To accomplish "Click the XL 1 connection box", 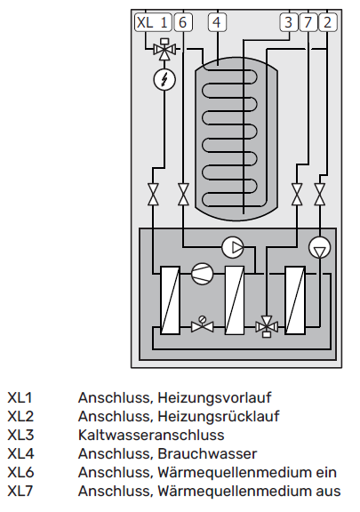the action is coord(153,22).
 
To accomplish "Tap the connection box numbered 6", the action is coord(183,22).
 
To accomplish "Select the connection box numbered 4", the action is coord(217,22).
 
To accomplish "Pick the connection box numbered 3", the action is coord(289,22).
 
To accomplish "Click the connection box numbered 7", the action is coord(308,22).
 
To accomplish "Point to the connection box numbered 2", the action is coord(328,22).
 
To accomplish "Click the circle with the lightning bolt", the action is coord(164,80).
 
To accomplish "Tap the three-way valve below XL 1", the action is coord(165,49).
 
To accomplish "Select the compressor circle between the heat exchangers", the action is coord(202,274).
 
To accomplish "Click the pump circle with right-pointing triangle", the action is coord(233,247).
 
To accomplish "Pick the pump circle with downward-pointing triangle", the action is coord(319,247).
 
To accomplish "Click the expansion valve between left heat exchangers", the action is coord(202,324).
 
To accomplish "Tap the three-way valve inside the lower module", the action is coord(267,326).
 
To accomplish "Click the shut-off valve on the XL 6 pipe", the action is coord(184,195).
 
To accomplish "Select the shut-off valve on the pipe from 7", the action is coord(297,195).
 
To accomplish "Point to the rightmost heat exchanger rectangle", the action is coord(295,300).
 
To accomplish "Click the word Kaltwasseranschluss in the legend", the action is coord(151,435).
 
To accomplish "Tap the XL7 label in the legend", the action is coord(20,491).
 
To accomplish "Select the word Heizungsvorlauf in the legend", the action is coord(214,398).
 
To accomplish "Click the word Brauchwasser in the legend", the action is coord(207,454).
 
